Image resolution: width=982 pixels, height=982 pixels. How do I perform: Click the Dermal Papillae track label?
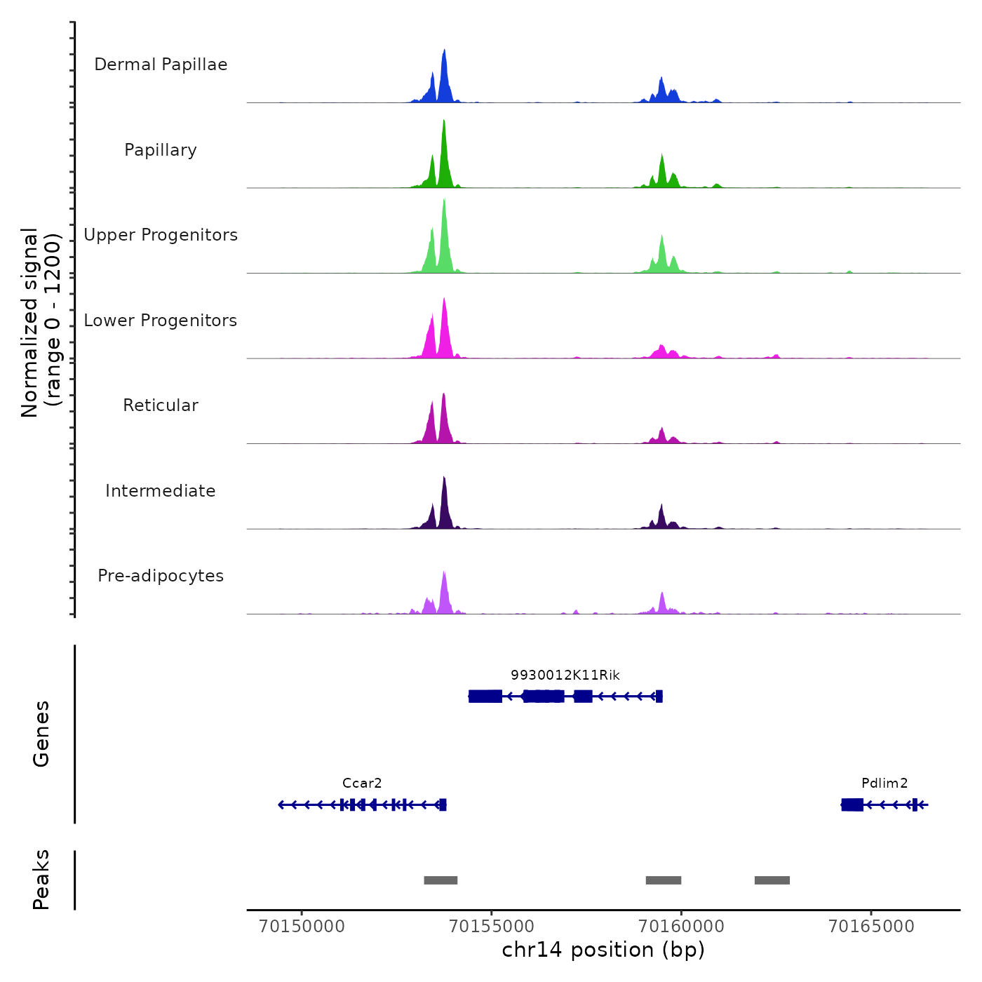161,65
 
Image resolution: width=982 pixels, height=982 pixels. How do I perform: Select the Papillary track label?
161,150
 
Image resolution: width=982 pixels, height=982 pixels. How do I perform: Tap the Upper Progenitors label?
161,235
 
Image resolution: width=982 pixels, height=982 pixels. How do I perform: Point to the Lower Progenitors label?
161,321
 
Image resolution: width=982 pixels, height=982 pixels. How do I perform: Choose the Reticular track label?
161,405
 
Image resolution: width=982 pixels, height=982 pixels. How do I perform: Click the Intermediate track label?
161,491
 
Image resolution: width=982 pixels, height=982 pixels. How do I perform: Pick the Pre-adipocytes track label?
161,576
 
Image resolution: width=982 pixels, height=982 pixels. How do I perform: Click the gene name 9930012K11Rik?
565,675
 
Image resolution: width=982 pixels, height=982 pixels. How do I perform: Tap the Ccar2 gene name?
362,783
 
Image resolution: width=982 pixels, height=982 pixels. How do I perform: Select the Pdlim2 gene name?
885,783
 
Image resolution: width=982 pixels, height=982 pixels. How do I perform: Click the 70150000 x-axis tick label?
302,927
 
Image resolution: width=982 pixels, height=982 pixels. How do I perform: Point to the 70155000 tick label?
492,927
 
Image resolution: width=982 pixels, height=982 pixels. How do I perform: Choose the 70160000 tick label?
681,927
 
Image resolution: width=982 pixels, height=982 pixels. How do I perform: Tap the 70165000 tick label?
871,927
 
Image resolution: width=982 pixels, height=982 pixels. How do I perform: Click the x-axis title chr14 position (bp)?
603,950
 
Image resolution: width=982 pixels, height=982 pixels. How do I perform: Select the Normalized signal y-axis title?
41,323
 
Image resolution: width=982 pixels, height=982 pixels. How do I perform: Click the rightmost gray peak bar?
772,880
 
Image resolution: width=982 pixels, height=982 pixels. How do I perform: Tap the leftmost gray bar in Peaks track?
440,880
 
